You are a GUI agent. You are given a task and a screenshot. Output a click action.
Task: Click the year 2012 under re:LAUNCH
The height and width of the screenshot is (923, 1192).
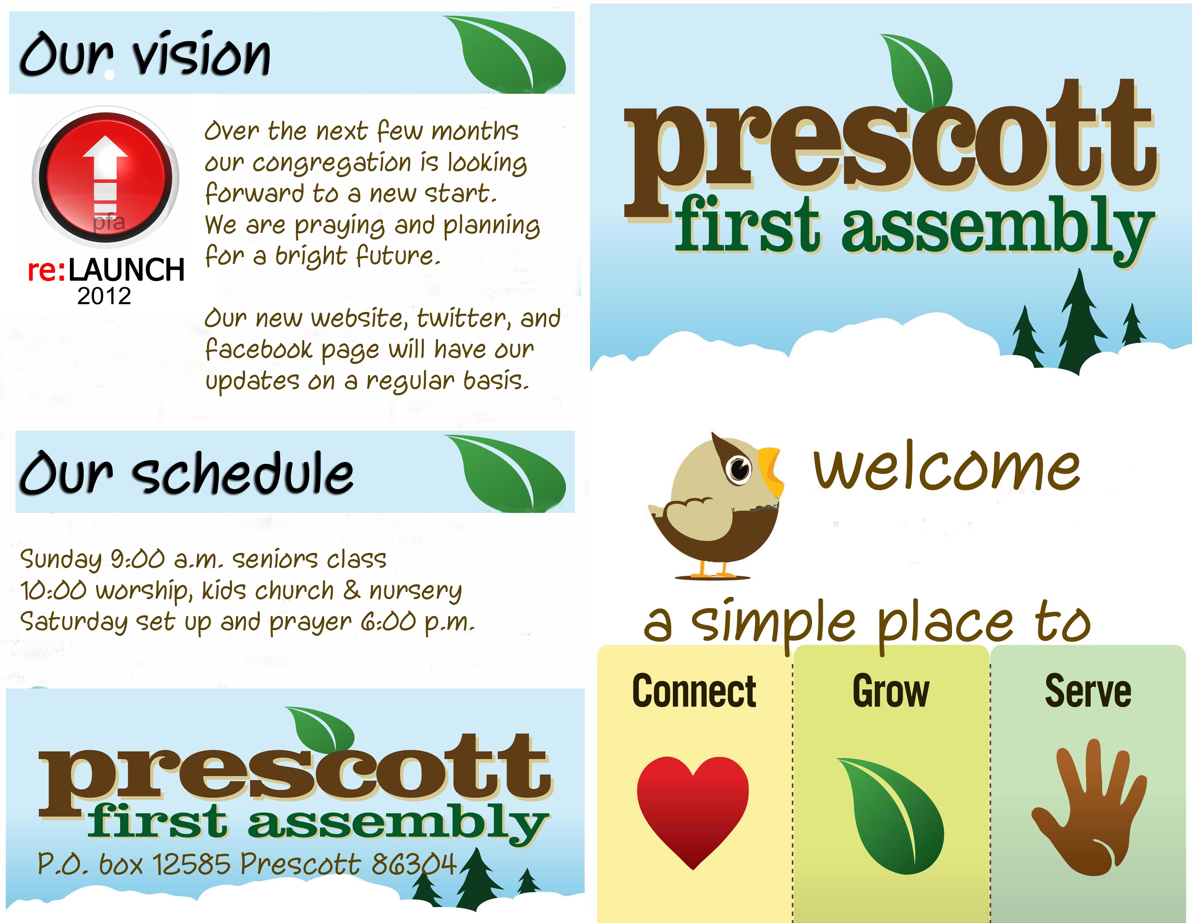click(x=104, y=296)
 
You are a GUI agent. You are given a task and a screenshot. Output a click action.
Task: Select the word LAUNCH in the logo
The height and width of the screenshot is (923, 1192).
click(x=127, y=270)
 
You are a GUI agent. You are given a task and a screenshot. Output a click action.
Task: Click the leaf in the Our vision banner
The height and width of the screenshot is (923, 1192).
click(x=505, y=54)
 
